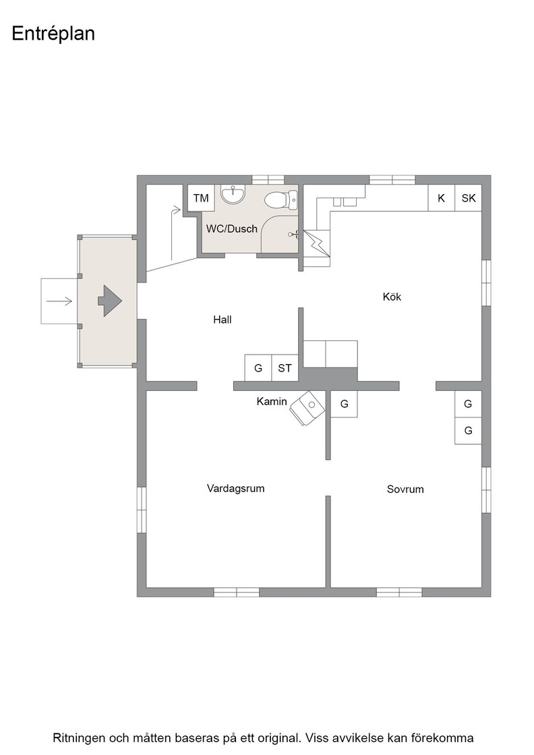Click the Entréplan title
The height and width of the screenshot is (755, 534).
(x=53, y=34)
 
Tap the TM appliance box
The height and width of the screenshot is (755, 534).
(x=201, y=198)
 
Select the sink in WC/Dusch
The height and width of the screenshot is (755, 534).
(x=233, y=195)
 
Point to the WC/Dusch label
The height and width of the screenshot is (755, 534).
(x=232, y=229)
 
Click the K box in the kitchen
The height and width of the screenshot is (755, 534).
(x=441, y=198)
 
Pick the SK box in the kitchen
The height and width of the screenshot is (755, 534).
(x=469, y=198)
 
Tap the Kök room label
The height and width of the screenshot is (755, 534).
(x=392, y=297)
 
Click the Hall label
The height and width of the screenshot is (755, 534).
(x=222, y=320)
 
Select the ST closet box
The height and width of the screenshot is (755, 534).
(x=285, y=368)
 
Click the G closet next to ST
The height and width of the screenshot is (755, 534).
(x=258, y=368)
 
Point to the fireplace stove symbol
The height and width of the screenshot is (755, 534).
(x=307, y=407)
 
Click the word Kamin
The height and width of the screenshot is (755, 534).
(x=272, y=402)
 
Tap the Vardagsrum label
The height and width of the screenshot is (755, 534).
(x=235, y=488)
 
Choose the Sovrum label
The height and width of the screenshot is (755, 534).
(x=405, y=489)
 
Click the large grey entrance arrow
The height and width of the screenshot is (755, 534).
(x=110, y=301)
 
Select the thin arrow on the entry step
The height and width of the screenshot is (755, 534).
(x=59, y=301)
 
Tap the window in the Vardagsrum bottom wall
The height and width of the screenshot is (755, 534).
(x=237, y=593)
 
